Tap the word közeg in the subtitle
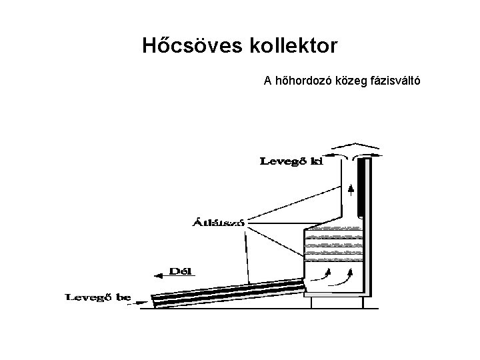tap(351, 81)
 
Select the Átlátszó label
tap(217, 222)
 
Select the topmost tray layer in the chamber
tap(333, 230)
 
